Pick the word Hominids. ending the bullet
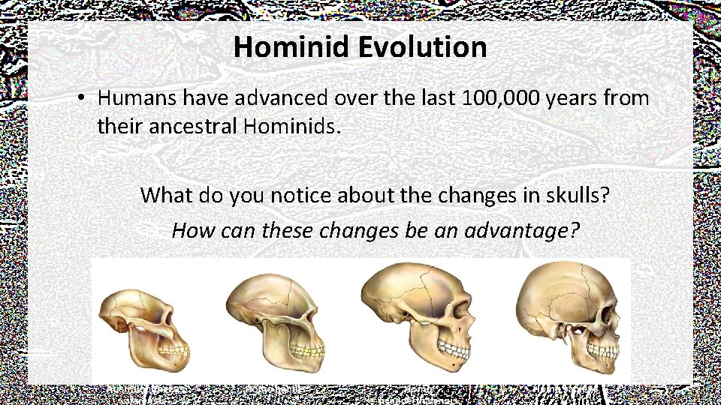(x=292, y=127)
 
